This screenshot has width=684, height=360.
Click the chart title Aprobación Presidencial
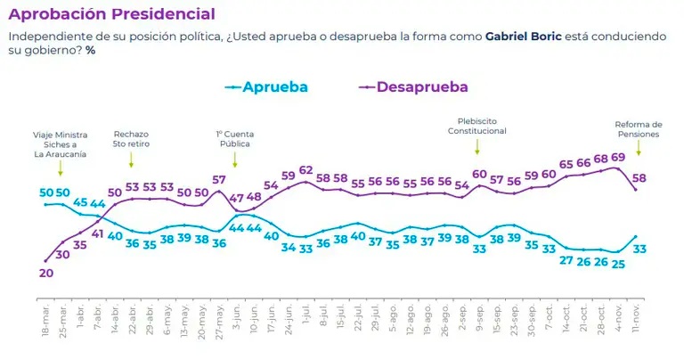(111, 14)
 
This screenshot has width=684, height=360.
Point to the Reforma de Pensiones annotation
(639, 130)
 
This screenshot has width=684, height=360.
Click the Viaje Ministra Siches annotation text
(61, 143)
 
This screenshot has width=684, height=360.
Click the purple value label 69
(617, 157)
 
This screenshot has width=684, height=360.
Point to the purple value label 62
(306, 170)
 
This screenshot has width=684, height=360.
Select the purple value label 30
(62, 254)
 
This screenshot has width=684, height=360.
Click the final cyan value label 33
(639, 250)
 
